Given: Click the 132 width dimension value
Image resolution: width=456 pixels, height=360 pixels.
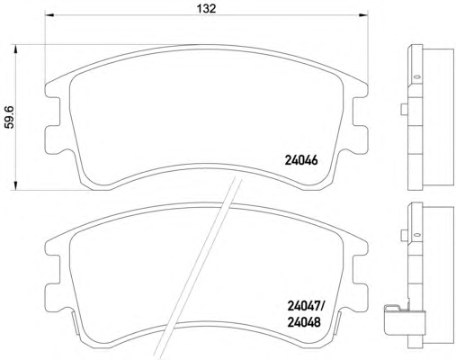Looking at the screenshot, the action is pos(206,8).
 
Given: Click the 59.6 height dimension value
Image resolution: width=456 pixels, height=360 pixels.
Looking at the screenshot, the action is pos(10,117).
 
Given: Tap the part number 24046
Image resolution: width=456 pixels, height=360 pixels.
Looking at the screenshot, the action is pos(300,160).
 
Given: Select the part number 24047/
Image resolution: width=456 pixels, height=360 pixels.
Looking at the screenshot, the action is pos(306,306).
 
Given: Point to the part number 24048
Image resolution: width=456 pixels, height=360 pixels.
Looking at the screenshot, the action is pos(304,322).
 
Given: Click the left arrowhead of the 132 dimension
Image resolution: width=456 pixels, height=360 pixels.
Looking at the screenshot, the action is pos(49,14).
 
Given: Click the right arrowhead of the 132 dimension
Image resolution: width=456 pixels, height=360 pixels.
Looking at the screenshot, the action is pos(363,14).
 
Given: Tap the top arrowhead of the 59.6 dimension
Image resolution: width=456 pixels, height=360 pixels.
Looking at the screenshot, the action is pos(15,49).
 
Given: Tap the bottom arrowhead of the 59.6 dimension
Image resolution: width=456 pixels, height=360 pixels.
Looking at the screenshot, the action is pos(15,185).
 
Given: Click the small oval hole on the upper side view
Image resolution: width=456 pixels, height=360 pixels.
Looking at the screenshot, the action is pos(416,77).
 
